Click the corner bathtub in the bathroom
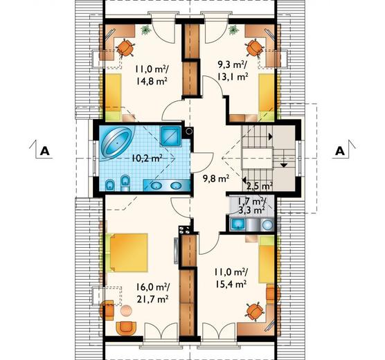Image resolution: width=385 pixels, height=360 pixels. (117, 143)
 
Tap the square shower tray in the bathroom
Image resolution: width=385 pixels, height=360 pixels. (170, 136)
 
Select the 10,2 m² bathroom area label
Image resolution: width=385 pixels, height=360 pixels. (147, 158)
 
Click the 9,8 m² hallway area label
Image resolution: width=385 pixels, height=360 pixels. (216, 179)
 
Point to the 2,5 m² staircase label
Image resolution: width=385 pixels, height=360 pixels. (259, 186)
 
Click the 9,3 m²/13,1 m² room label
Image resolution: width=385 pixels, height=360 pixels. (232, 71)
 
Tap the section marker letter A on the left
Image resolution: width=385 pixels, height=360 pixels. (45, 151)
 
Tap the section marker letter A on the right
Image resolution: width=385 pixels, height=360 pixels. (340, 151)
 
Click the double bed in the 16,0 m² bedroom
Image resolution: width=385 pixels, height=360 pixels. (127, 253)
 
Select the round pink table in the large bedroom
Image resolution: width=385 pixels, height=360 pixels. (126, 310)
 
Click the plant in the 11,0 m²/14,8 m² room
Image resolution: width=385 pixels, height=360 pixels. (146, 30)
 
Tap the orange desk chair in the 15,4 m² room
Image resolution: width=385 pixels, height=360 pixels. (255, 312)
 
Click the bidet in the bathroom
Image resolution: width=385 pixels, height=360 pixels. (111, 186)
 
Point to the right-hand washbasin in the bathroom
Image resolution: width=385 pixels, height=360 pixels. (177, 186)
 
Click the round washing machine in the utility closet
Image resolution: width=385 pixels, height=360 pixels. (267, 224)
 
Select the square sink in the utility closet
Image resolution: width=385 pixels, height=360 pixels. (238, 224)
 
